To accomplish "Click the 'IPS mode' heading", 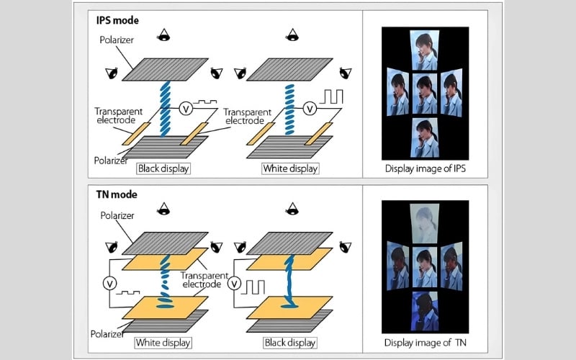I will [118, 19].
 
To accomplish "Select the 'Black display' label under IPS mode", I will [168, 169].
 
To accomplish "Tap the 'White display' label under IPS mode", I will [290, 169].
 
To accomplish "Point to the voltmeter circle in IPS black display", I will [185, 108].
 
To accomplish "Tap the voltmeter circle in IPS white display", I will [310, 109].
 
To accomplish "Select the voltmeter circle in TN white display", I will [109, 282].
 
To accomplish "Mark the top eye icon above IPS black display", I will [165, 34].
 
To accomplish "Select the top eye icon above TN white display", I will [165, 209].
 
